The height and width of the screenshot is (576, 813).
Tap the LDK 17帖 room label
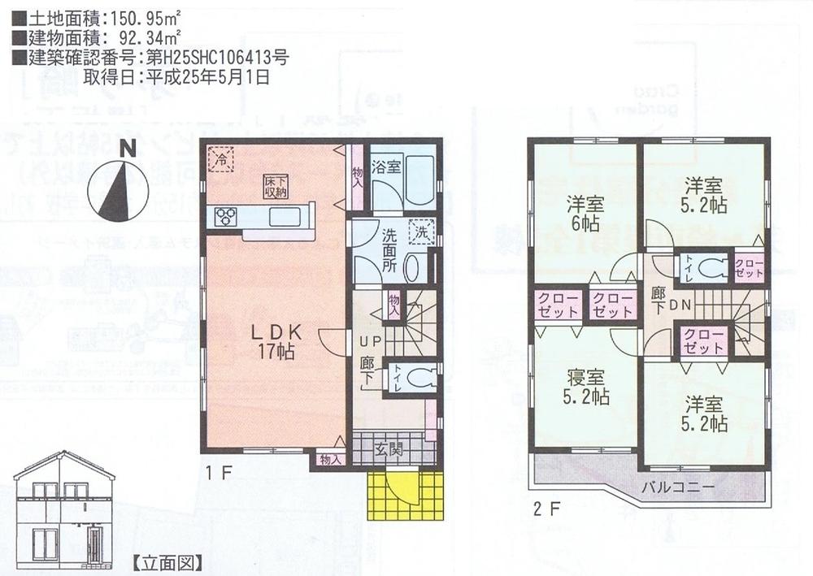276,341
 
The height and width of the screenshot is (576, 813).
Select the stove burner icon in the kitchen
225,217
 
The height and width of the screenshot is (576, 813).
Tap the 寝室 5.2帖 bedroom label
587,387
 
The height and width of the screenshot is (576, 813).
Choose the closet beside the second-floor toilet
749,267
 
